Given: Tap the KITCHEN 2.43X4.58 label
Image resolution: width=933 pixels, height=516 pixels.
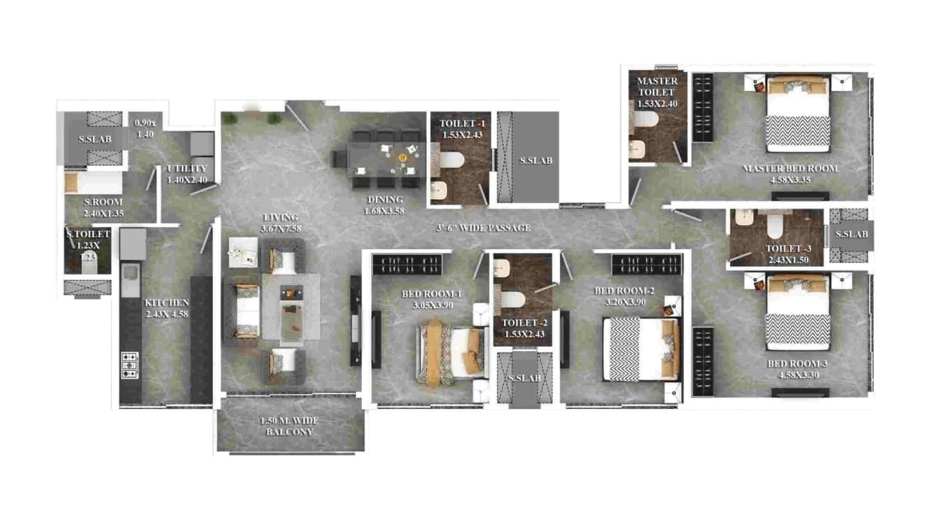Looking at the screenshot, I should (167, 307).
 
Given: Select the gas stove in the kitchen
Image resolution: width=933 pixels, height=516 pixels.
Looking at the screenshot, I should (129, 365).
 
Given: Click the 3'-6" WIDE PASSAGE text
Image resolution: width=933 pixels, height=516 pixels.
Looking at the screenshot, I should (484, 228).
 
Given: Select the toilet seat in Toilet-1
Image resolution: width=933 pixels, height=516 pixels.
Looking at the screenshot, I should (451, 162).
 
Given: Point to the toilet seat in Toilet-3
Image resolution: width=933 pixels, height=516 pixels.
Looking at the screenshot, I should (775, 226).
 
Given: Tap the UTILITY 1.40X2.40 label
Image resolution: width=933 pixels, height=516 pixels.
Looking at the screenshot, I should (187, 174).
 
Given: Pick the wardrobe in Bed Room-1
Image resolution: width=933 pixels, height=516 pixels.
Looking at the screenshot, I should (407, 264).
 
